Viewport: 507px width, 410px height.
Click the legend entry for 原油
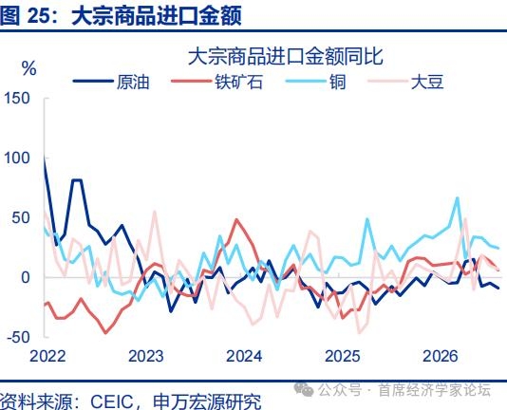pos(111,82)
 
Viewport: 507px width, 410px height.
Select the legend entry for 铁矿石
pos(216,82)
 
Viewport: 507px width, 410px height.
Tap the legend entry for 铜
pos(316,82)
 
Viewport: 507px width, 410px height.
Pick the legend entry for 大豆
pos(405,82)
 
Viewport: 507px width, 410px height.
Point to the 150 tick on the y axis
pos(16,99)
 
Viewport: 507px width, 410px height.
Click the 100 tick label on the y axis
pos(16,158)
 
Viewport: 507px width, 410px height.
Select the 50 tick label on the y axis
pos(21,217)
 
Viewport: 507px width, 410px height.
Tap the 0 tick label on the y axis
pos(26,277)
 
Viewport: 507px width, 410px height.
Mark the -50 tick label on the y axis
pos(18,337)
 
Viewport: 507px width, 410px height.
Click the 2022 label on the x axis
pos(47,356)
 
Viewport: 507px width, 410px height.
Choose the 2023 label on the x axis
pos(146,356)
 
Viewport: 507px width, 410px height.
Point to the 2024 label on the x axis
pos(244,356)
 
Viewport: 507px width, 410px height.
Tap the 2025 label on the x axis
pos(342,356)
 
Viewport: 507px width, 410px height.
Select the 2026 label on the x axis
pos(441,356)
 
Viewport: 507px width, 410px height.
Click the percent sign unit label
pos(28,68)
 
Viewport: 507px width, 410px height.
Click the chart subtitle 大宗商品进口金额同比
pos(286,56)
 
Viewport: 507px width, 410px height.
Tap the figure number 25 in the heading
pos(39,15)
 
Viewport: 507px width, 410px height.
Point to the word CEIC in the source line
pos(111,401)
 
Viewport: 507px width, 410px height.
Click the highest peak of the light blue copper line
pos(458,197)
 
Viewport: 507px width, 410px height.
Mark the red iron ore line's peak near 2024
pos(237,220)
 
